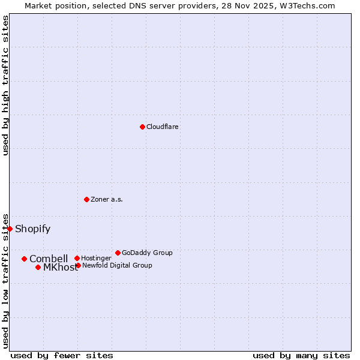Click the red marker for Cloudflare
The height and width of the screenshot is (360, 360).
click(x=142, y=127)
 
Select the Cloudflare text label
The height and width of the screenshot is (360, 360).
click(x=163, y=127)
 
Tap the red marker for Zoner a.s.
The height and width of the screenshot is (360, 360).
click(x=86, y=199)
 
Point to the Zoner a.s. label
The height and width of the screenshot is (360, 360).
click(x=107, y=199)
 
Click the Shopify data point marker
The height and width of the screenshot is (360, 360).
click(x=10, y=229)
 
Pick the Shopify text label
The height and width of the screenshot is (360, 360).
click(x=32, y=229)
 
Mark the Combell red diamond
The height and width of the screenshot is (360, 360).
click(x=24, y=259)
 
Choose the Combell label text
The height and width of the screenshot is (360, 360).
click(x=49, y=259)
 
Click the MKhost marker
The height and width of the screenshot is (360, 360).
click(x=38, y=268)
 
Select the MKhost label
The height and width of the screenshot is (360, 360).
click(x=60, y=268)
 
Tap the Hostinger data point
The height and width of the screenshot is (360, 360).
click(x=77, y=259)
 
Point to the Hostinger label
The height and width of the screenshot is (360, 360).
click(x=96, y=259)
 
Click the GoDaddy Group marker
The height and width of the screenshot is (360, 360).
click(x=118, y=253)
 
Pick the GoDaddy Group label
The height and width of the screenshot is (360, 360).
click(x=147, y=253)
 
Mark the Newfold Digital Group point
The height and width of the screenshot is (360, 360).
click(x=78, y=265)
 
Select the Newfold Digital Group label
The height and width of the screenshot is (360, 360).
click(x=117, y=265)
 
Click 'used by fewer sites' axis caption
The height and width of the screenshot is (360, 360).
click(x=62, y=355)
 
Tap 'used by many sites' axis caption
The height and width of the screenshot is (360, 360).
click(x=301, y=355)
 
